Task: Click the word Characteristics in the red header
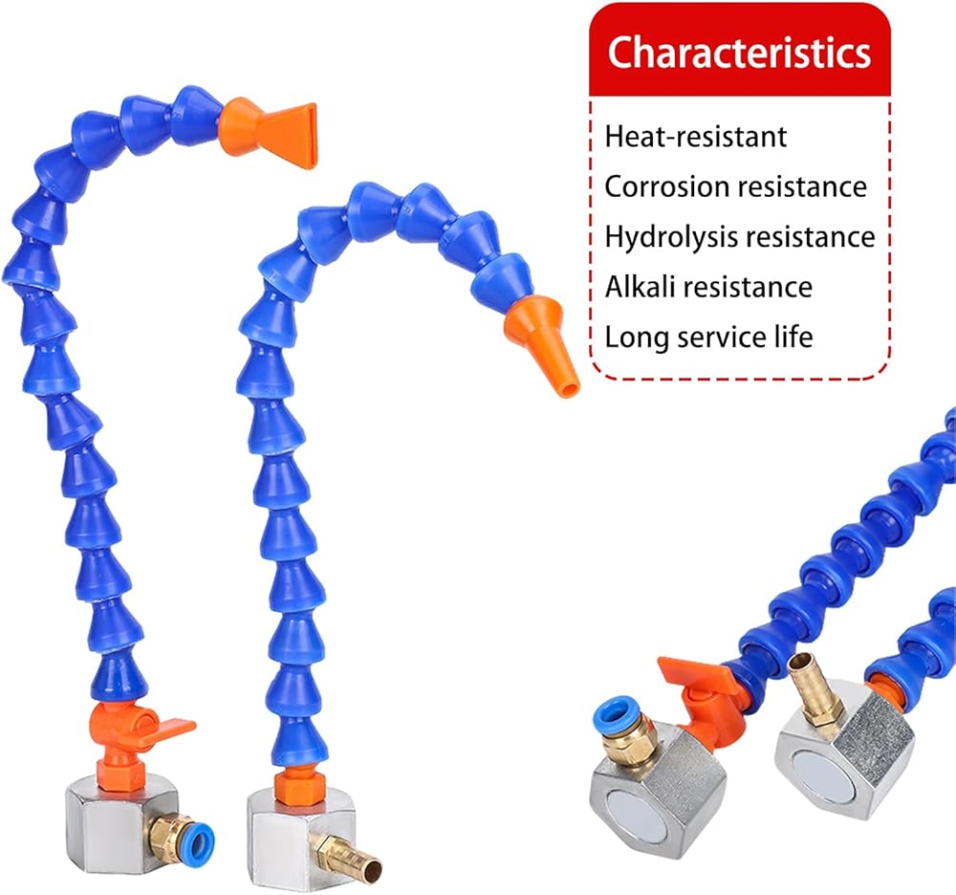pyautogui.click(x=739, y=52)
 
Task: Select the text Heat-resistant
pyautogui.click(x=696, y=136)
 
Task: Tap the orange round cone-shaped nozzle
pyautogui.click(x=541, y=343)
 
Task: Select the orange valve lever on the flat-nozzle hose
pyautogui.click(x=164, y=731)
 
